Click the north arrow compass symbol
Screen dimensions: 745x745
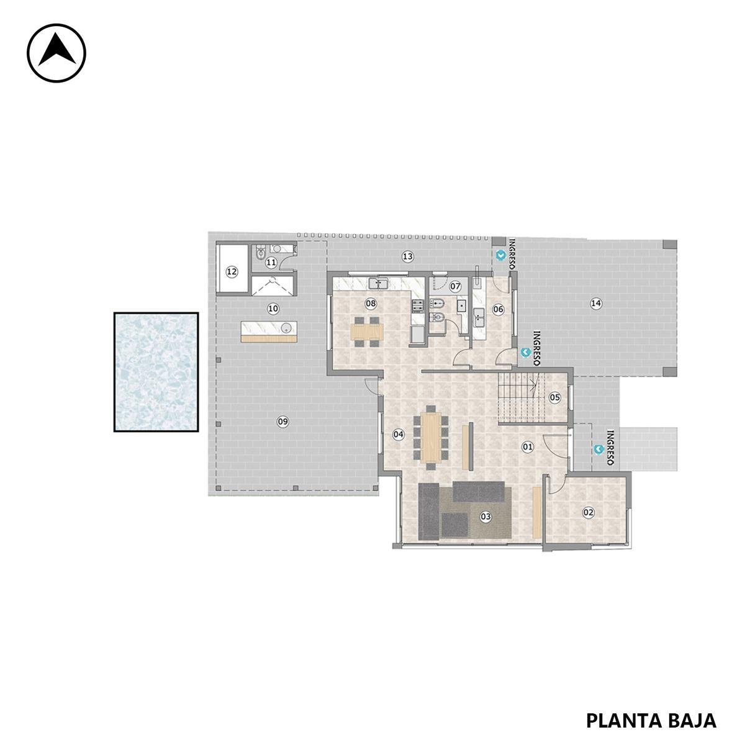pos(56,53)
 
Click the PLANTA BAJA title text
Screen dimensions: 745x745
pos(651,710)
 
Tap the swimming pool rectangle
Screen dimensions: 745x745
pos(156,372)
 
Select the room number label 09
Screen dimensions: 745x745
pos(283,422)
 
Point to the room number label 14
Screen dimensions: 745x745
pos(596,304)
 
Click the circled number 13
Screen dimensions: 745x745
pos(407,256)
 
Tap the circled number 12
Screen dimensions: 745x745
pos(232,272)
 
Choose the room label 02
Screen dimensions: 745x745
pos(588,513)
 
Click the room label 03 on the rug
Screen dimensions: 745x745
pos(485,517)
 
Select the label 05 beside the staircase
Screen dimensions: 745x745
pos(555,397)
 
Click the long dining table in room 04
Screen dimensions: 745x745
pos(431,437)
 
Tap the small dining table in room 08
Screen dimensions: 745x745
pos(367,332)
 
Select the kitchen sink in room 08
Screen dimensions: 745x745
pos(379,283)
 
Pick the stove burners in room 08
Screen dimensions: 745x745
pos(418,306)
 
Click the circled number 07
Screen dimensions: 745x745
pos(456,286)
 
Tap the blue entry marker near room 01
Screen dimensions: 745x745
pos(599,449)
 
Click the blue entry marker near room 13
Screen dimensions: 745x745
pos(501,255)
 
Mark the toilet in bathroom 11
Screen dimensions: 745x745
pos(260,253)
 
